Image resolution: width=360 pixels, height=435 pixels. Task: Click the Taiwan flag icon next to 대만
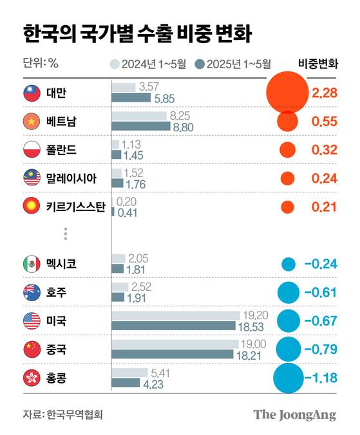pyautogui.click(x=32, y=93)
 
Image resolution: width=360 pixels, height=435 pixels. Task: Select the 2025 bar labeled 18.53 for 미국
pyautogui.click(x=174, y=326)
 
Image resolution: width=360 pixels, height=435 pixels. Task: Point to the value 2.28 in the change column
pyautogui.click(x=324, y=93)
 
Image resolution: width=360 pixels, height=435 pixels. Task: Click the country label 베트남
pyautogui.click(x=61, y=122)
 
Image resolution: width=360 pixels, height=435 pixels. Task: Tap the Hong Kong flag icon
pyautogui.click(x=32, y=378)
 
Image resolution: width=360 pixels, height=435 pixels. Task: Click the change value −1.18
pyautogui.click(x=321, y=378)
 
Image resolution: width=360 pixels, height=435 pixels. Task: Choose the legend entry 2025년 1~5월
pyautogui.click(x=233, y=64)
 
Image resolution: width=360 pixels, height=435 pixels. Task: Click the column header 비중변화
pyautogui.click(x=318, y=64)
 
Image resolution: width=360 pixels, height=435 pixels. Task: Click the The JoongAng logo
pyautogui.click(x=294, y=414)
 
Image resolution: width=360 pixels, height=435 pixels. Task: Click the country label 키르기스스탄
pyautogui.click(x=75, y=207)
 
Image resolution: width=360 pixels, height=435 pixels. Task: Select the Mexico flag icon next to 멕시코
pyautogui.click(x=32, y=263)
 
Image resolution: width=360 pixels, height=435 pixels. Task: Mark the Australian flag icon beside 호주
pyautogui.click(x=32, y=292)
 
